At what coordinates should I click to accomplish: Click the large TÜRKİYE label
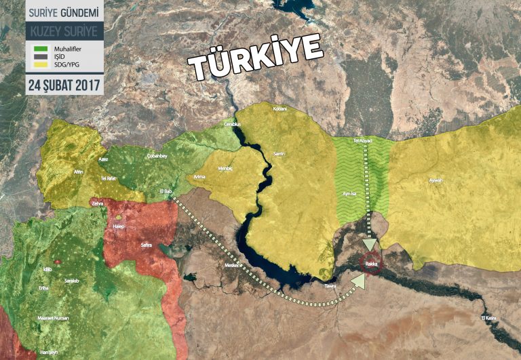254,56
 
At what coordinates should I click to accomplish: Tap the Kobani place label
279,109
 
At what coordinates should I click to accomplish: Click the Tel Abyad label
364,141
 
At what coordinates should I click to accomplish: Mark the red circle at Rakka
370,263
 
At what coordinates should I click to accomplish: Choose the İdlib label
46,269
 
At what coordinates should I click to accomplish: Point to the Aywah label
436,180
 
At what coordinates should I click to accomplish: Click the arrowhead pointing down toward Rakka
370,245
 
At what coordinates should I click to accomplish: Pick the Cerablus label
232,125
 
